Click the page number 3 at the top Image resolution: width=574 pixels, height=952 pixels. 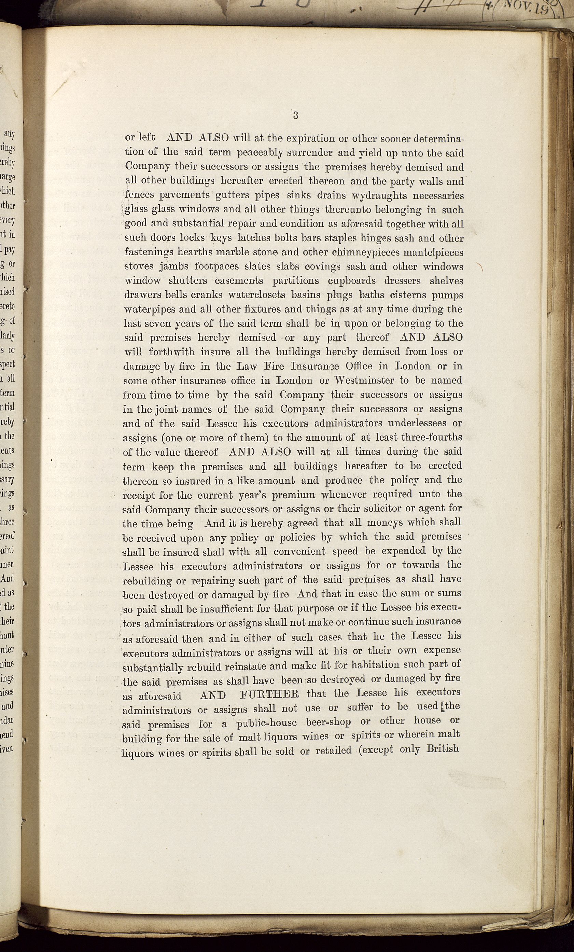(295, 115)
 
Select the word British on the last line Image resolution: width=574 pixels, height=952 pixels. (443, 748)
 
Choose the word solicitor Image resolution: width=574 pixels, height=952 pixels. (367, 509)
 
